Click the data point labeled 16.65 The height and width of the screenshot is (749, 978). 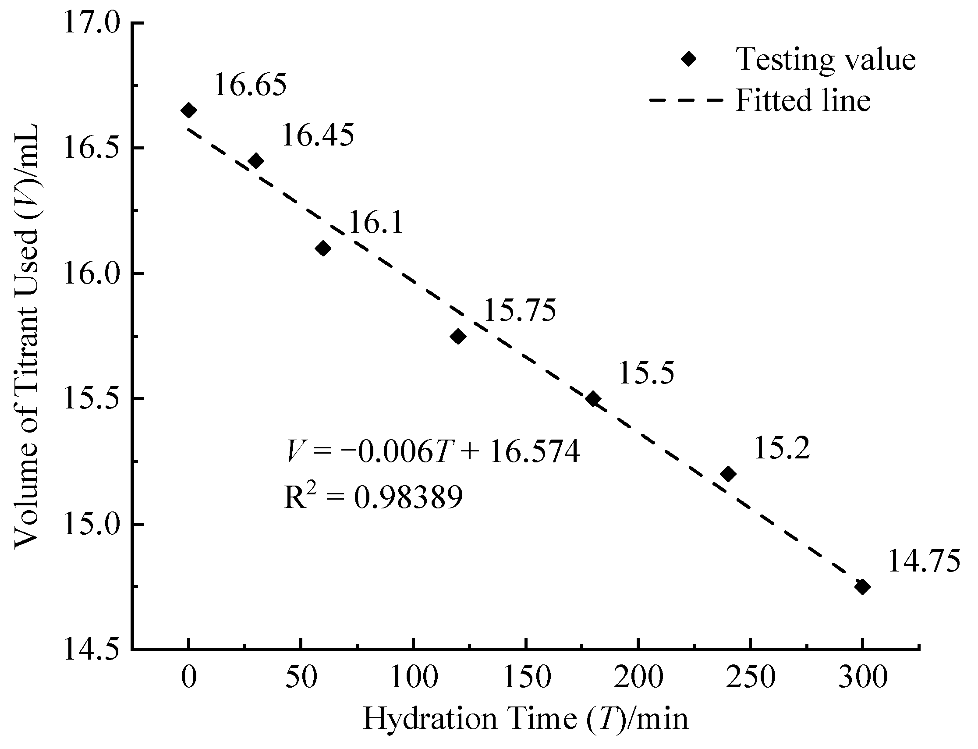188,110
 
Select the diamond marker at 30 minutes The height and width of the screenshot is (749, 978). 256,160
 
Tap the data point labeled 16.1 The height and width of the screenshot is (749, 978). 323,248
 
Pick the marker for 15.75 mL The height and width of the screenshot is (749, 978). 458,336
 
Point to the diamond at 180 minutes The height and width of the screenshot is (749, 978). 593,399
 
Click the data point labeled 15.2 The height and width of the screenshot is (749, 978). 728,473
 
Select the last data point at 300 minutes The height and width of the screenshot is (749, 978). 863,587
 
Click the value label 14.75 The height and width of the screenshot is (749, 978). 924,561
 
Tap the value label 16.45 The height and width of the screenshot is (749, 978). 318,135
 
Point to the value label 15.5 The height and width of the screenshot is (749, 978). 646,373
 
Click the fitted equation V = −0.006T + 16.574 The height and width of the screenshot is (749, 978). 432,451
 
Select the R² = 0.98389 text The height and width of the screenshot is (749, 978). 374,497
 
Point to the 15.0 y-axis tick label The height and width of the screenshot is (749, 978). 92,525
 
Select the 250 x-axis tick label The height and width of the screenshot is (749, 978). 751,678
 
